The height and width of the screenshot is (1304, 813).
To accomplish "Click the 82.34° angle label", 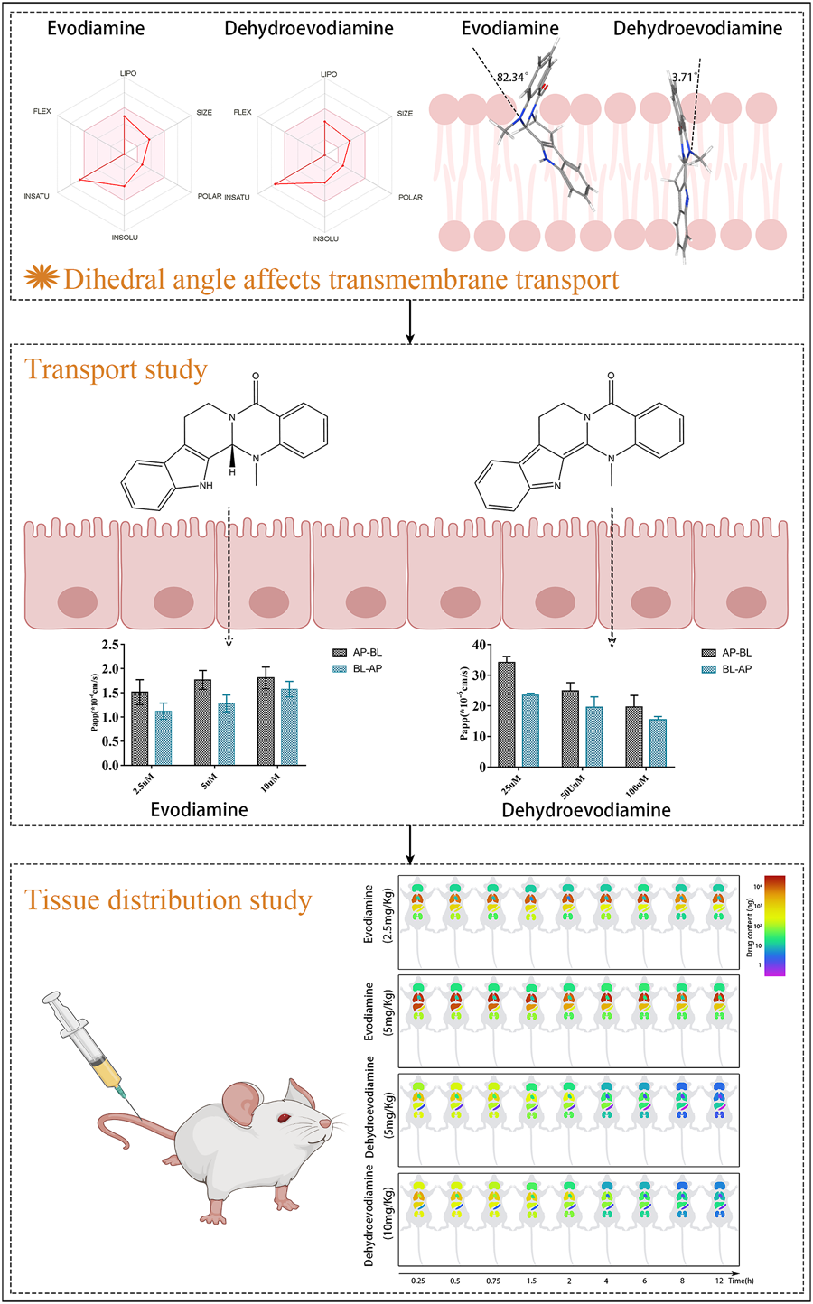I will (511, 78).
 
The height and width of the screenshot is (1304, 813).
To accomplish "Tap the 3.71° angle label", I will (684, 78).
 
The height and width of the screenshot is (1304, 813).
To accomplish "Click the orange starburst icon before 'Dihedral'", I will (40, 278).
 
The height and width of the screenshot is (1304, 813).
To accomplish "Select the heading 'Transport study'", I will (116, 369).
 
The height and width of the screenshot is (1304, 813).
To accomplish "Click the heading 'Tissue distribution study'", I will (168, 899).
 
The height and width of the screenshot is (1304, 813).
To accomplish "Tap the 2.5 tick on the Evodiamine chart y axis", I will (111, 645).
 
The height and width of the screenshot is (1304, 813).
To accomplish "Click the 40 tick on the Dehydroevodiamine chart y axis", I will (480, 645).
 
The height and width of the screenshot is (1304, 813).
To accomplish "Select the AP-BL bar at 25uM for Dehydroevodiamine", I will (507, 713).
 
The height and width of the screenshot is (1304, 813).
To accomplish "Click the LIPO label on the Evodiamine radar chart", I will (127, 74).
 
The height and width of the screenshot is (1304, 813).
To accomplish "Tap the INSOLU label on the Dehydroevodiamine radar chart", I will (325, 238).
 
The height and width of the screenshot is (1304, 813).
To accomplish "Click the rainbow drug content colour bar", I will (773, 925).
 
